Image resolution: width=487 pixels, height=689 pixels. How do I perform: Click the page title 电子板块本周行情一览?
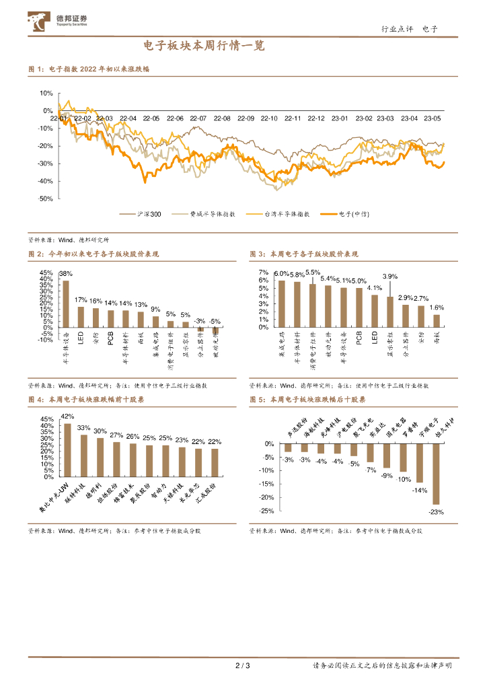click(205, 46)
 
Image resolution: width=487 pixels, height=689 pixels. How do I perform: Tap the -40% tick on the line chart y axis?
click(46, 181)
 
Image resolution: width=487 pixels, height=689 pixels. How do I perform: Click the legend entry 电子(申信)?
click(356, 214)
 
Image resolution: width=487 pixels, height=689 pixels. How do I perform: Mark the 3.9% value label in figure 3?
click(390, 276)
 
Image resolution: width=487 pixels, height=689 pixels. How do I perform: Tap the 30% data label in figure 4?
click(100, 431)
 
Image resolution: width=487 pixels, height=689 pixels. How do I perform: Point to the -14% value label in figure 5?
click(419, 490)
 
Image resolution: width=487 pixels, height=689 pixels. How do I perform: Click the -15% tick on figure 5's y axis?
click(267, 484)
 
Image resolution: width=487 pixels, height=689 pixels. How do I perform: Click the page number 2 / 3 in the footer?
click(243, 666)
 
